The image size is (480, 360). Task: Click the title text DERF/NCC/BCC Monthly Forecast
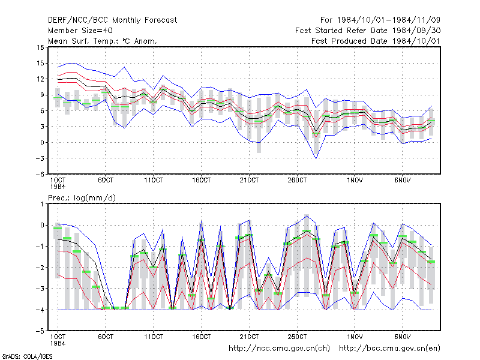112,20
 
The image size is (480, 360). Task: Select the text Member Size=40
80,31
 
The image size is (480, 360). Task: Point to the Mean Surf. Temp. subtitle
102,41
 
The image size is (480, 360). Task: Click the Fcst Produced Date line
376,41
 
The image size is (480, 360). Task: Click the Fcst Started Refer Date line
368,31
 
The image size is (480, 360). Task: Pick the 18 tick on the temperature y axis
40,47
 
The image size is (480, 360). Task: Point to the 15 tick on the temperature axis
40,64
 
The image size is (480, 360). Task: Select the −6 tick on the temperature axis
40,174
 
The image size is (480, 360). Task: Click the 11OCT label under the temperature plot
154,180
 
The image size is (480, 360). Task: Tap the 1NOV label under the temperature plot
355,180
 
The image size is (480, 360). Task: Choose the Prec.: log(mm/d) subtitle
82,198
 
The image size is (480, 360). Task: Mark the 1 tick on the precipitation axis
42,204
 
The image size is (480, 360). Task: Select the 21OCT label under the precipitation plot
249,337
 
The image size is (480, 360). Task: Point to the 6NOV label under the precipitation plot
402,337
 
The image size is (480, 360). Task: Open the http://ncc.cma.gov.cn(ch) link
279,349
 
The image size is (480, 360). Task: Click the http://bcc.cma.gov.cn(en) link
389,349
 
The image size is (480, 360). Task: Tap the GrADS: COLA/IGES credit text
27,356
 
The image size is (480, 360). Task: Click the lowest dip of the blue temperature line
316,158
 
